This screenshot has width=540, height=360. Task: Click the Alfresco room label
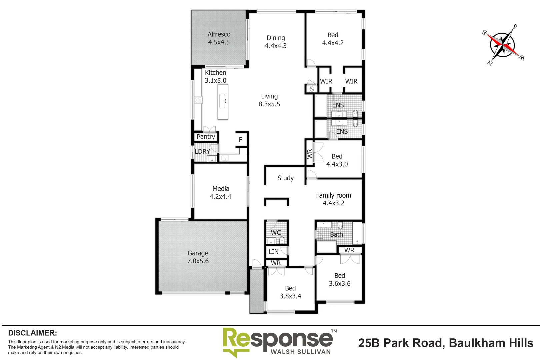tap(219, 34)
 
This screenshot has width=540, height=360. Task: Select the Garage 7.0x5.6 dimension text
tap(198, 261)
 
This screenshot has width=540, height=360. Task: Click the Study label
tap(285, 178)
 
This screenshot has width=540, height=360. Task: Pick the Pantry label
tap(206, 137)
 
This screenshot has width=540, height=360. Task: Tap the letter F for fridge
tap(240, 140)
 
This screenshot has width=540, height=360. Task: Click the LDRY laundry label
tap(202, 151)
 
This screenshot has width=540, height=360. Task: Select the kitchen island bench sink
tap(223, 100)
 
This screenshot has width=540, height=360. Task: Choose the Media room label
tap(220, 189)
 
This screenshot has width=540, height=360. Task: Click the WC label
tap(276, 232)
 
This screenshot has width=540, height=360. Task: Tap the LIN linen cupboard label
tap(273, 252)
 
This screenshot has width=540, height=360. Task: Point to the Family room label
tap(333, 195)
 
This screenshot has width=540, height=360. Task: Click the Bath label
tap(336, 234)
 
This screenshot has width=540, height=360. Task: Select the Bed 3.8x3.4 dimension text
tap(290, 296)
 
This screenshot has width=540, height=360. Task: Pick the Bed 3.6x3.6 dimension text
tap(340, 284)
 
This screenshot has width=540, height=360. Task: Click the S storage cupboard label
tap(312, 89)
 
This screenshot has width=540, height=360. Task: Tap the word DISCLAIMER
tap(32, 333)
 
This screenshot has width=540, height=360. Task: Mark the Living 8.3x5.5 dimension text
tap(269, 104)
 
